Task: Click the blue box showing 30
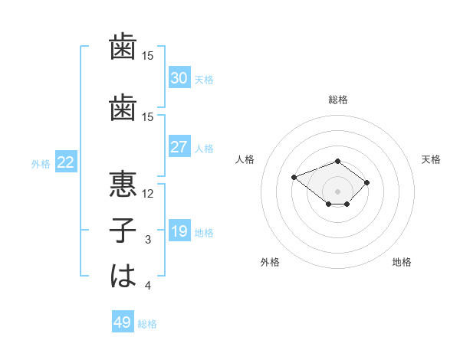179,77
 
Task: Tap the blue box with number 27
179,146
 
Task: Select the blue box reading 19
179,230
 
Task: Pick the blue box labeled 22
66,162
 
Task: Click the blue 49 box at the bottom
123,321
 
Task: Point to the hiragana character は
123,276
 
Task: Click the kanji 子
123,230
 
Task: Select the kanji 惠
123,184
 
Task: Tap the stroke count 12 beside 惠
147,194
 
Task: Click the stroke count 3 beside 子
148,240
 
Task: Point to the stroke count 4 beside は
148,285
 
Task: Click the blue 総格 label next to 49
147,324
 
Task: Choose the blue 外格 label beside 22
41,164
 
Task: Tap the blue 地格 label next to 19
204,233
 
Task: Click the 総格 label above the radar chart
338,100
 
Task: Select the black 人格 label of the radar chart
245,159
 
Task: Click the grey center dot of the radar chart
337,191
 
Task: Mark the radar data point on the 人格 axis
294,178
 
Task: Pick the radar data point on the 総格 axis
337,162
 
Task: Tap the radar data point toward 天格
366,182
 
